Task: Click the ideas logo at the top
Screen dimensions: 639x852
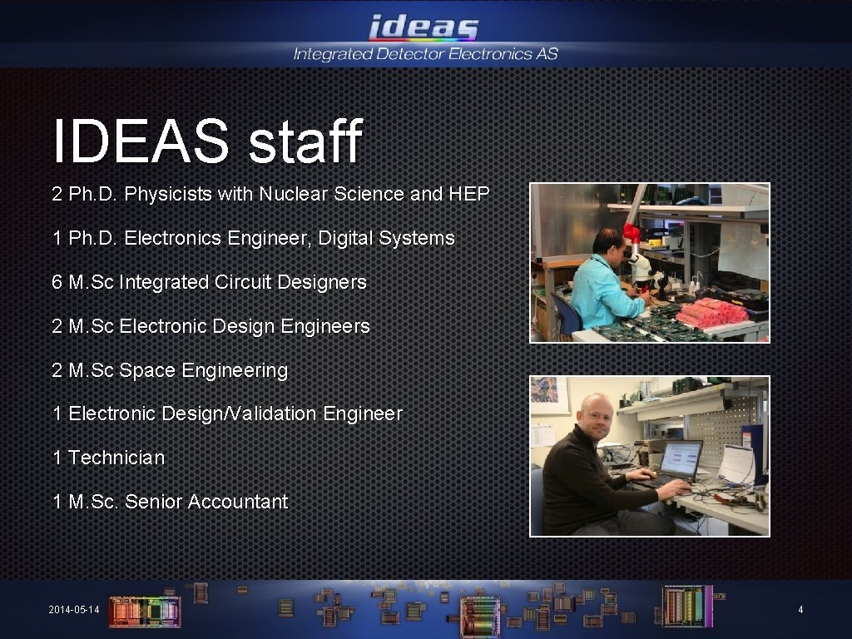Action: tap(424, 27)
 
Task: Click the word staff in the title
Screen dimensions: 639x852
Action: tap(305, 141)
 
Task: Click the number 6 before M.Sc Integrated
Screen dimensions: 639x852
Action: tap(57, 282)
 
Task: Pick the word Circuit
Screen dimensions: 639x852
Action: tap(242, 282)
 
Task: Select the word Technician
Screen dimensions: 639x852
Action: tap(116, 458)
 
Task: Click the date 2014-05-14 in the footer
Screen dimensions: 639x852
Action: tap(74, 611)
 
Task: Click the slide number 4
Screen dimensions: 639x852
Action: tap(800, 611)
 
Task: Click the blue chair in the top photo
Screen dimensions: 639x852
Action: tap(568, 314)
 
